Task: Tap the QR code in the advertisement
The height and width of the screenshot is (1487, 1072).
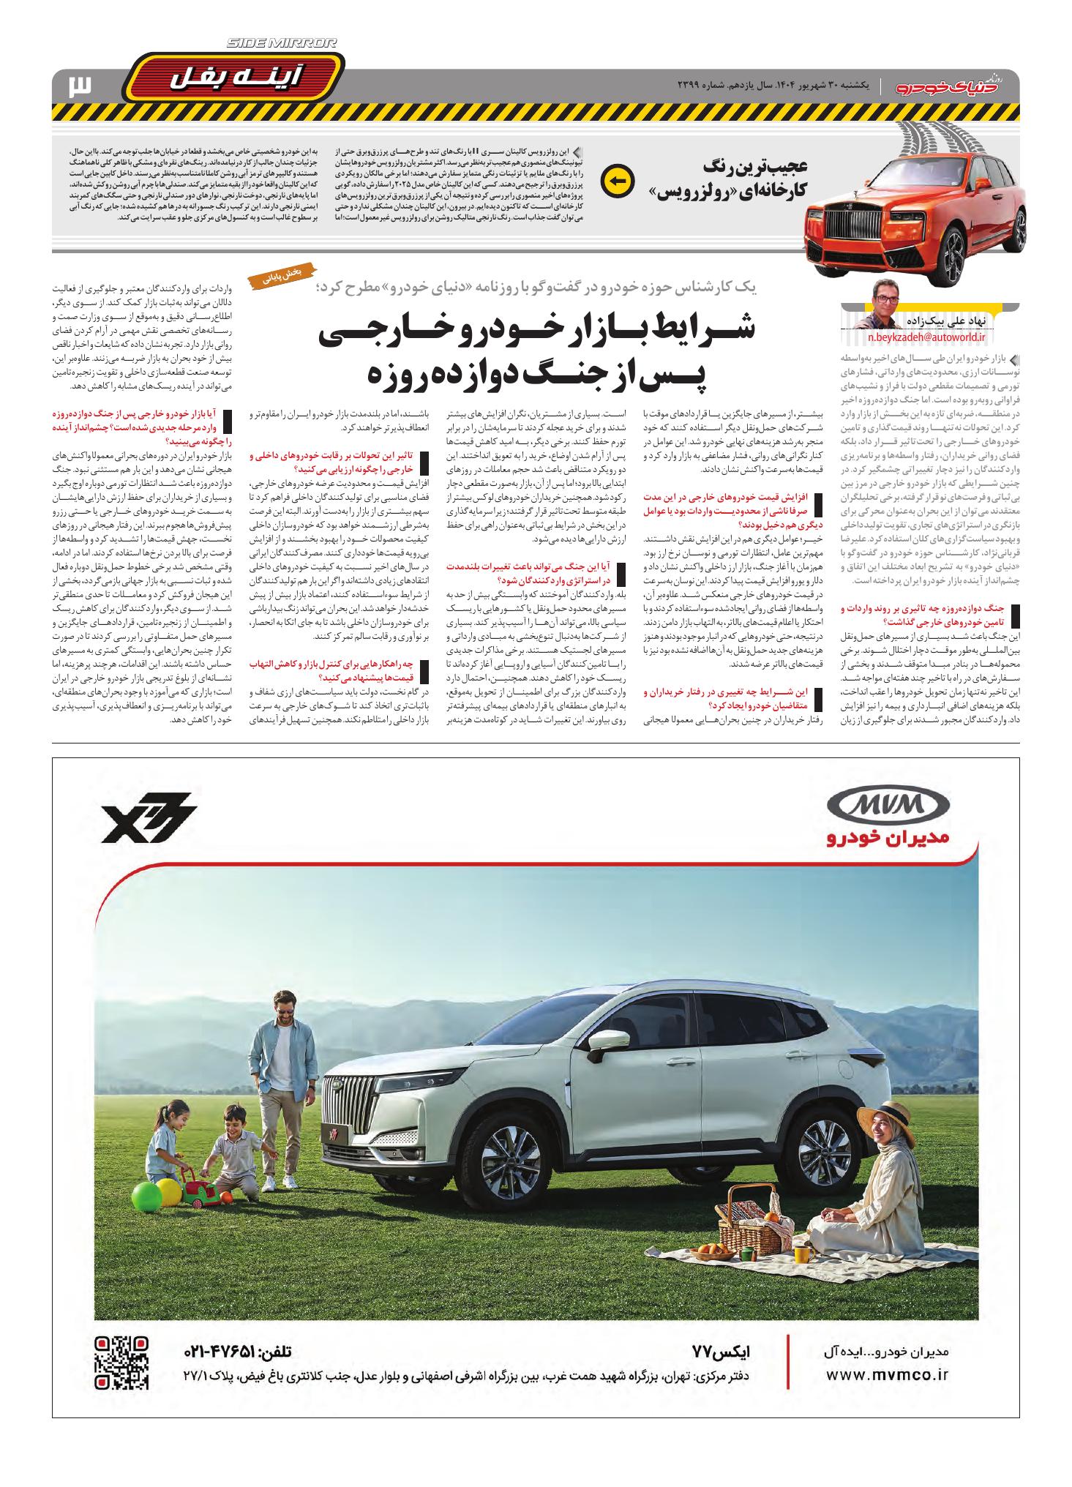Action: (x=122, y=1363)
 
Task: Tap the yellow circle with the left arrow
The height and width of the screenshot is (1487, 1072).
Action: (x=615, y=182)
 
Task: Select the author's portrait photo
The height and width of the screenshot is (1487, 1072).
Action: (x=888, y=301)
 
